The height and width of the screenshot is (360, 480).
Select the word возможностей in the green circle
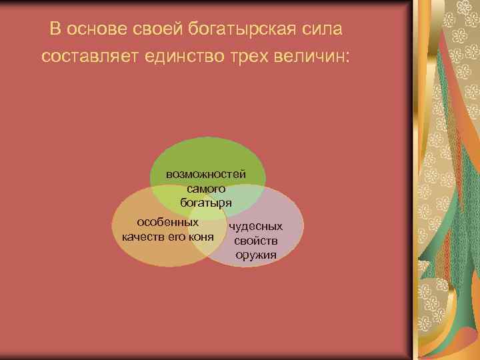(x=206, y=174)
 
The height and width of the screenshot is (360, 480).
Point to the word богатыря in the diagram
(x=206, y=201)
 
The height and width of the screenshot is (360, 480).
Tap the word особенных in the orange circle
(x=167, y=222)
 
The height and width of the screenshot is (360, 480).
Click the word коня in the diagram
(x=201, y=237)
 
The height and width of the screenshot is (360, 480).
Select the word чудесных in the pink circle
(x=256, y=227)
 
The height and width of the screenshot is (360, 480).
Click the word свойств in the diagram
(x=256, y=241)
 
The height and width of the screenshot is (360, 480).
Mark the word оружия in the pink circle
(x=256, y=255)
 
